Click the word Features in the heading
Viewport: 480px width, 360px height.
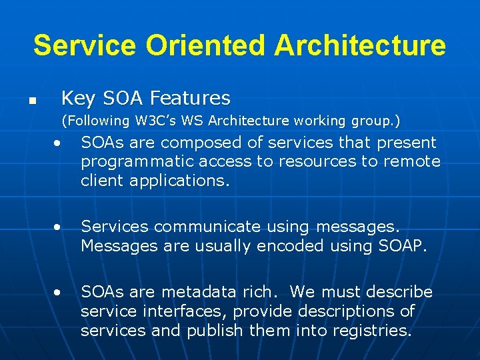[190, 99]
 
